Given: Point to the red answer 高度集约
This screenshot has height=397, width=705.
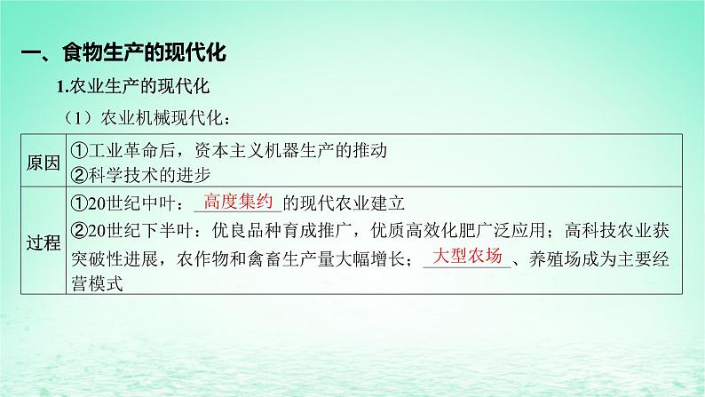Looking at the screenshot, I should point(237,201).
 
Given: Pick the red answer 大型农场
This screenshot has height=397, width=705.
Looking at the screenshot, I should point(467,257).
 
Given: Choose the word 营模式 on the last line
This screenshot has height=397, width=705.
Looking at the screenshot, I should point(94,283).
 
